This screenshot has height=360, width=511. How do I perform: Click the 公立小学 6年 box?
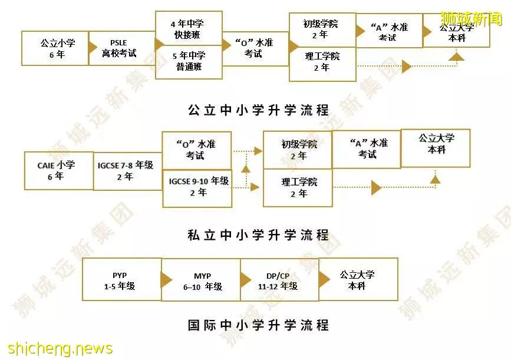tap(55, 48)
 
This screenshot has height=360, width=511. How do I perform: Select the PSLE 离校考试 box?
tap(122, 48)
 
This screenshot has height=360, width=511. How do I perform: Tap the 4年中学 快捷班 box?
tap(189, 28)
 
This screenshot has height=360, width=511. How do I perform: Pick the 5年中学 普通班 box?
tap(189, 62)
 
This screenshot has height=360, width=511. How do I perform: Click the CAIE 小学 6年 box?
tap(59, 171)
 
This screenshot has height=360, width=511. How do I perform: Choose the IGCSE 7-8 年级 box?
tap(128, 171)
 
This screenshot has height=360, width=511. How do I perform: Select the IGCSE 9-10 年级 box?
tap(197, 189)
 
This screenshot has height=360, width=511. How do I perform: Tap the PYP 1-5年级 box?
tap(122, 279)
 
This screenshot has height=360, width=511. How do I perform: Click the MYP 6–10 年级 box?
tap(201, 280)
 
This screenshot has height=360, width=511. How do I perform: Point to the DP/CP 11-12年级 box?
tap(279, 280)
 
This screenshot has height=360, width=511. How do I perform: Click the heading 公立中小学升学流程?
tap(258, 110)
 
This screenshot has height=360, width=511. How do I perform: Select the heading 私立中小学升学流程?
tap(258, 235)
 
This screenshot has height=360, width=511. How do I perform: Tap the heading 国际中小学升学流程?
tap(258, 325)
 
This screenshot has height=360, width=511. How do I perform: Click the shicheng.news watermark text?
tap(60, 348)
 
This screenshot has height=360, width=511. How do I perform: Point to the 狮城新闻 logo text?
tap(472, 18)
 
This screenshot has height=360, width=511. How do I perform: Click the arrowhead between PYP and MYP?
tap(166, 280)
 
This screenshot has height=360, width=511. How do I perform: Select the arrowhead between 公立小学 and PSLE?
tap(93, 48)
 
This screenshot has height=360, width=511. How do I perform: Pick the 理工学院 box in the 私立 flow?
tap(298, 187)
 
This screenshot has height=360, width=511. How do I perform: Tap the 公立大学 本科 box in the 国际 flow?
tap(358, 279)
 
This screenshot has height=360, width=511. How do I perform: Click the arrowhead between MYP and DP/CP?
tap(245, 280)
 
